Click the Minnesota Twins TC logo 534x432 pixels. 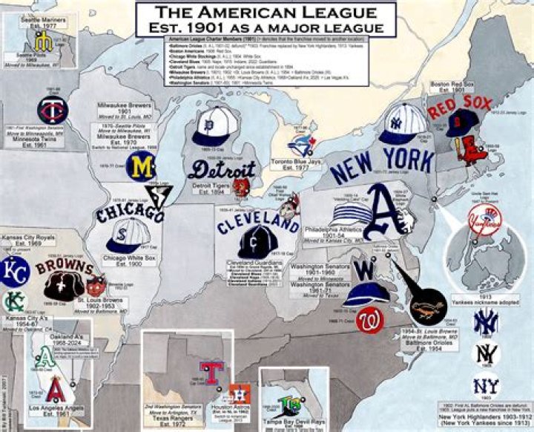(53, 109)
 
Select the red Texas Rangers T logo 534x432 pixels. (214, 371)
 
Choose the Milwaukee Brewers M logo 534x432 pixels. (140, 167)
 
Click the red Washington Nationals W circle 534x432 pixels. (369, 321)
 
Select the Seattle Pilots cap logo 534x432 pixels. (41, 44)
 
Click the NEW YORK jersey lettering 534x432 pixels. (382, 164)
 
